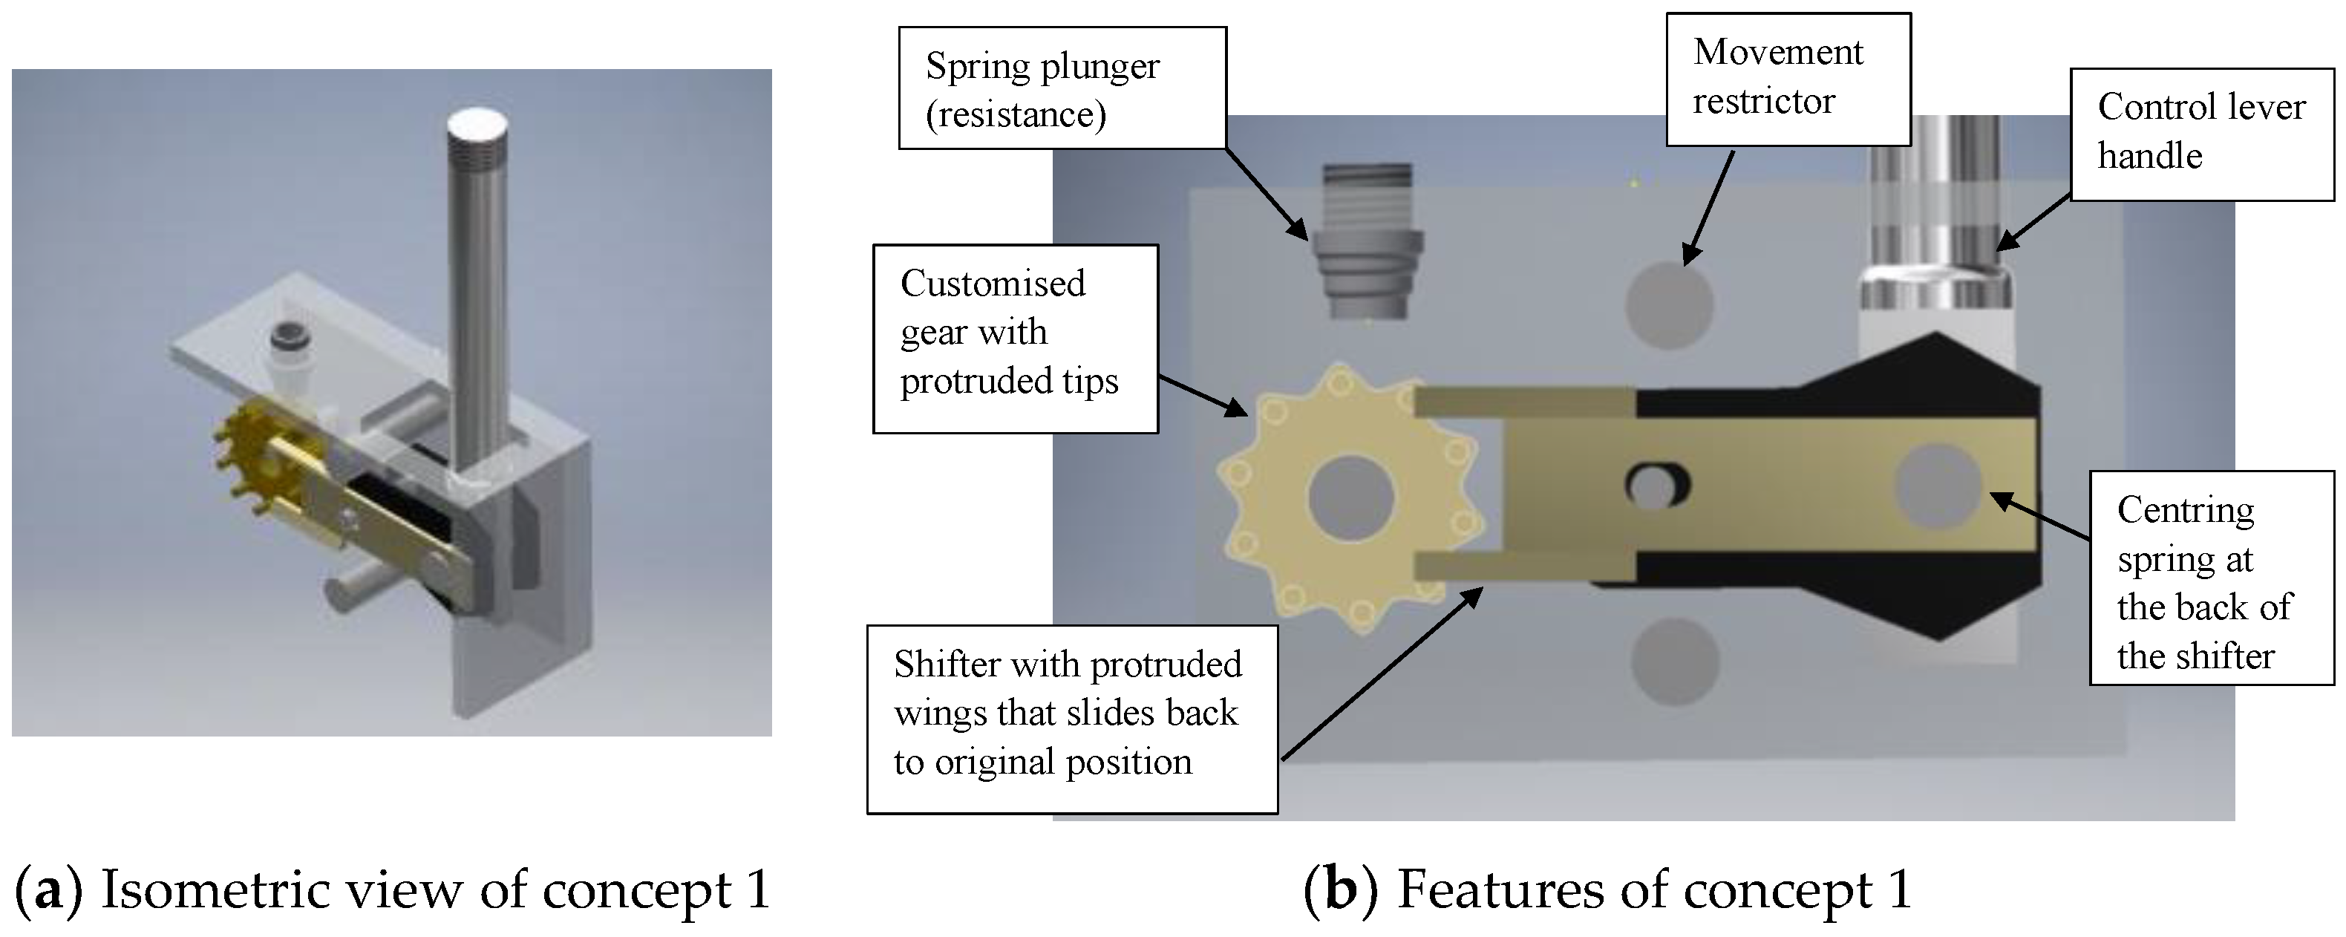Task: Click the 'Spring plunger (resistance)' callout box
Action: (1062, 88)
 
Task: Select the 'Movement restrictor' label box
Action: (1788, 79)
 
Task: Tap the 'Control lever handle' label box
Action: (2201, 134)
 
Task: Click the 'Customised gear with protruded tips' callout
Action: (1015, 338)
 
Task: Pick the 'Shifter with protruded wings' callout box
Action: (1071, 719)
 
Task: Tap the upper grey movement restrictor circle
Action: (1670, 305)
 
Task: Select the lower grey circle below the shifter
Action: (1674, 661)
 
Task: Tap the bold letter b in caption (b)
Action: (1341, 889)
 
